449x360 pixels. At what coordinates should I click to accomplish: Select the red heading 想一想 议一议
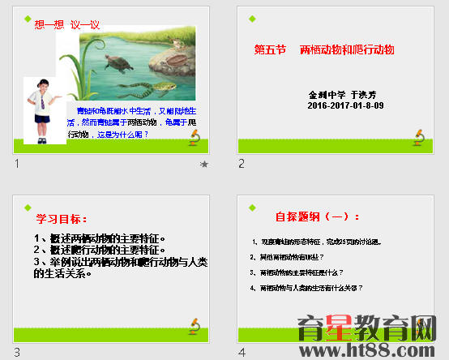coord(66,24)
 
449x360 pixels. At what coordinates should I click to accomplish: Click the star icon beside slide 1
coord(203,164)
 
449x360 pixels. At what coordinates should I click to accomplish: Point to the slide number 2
coord(242,164)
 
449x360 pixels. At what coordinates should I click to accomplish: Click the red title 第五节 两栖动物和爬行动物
coord(324,50)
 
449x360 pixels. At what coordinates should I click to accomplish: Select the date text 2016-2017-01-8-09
coord(335,105)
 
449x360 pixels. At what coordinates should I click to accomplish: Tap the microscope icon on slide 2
coord(418,137)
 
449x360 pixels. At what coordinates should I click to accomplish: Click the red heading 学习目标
coord(62,218)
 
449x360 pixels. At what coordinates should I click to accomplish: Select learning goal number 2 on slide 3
coord(100,251)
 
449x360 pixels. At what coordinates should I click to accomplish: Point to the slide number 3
coord(17,352)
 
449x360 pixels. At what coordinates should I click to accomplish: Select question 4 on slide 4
coord(307,288)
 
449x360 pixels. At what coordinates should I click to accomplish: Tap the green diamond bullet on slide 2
coord(254,18)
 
